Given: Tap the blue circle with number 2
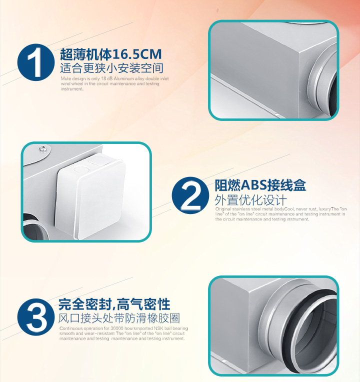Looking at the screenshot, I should click(190, 195).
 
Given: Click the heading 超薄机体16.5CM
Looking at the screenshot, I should click(110, 54).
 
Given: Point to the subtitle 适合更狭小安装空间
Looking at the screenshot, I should click(111, 68).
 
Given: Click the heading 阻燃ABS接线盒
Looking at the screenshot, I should click(260, 186).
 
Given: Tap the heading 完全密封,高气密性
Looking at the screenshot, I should click(114, 304).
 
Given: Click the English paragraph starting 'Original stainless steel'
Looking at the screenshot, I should click(280, 214).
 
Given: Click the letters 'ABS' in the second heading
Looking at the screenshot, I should click(254, 186).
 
